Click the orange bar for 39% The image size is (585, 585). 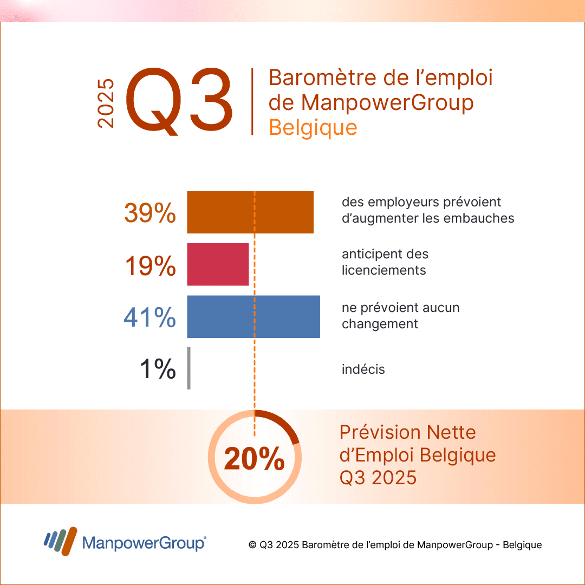250,212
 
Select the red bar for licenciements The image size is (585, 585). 218,264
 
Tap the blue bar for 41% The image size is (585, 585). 253,317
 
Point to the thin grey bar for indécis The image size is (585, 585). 189,368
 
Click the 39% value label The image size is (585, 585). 150,213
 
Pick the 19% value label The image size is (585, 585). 151,265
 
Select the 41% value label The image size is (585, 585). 149,317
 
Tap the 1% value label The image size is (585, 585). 158,369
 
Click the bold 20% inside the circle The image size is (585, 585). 255,459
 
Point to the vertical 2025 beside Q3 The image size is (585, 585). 106,103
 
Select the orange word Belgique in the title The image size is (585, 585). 313,128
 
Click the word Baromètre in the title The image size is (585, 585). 323,77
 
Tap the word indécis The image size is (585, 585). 363,369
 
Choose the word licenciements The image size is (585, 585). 384,270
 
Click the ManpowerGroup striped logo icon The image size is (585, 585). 61,541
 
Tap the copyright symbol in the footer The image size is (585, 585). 252,545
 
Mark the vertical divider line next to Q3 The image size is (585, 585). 252,101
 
